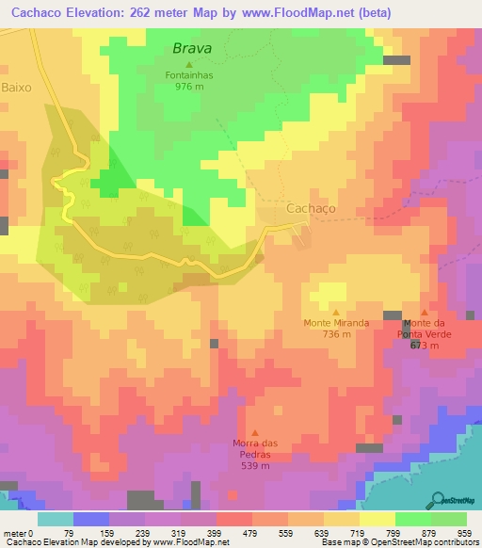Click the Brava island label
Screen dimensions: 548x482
191,47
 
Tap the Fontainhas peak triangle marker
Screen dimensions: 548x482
188,64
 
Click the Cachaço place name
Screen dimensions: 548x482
311,208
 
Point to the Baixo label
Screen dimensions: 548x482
17,87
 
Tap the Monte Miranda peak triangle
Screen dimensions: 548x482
336,311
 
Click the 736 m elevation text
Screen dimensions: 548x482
336,333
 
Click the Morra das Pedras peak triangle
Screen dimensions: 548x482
252,432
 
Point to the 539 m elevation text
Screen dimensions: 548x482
252,465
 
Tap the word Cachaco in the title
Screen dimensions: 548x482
37,12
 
